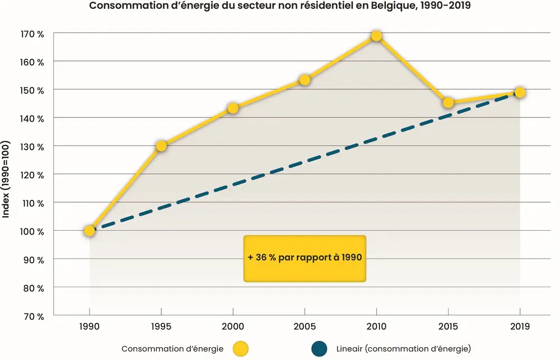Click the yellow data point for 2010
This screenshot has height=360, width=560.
376,36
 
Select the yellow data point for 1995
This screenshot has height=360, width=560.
161,146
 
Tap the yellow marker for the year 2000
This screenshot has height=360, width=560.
233,108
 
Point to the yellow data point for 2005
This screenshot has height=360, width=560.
305,80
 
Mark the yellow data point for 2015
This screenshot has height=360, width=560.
448,102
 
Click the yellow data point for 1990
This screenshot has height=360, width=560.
90,231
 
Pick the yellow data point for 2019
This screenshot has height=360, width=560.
520,92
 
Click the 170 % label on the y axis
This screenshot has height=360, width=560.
33,34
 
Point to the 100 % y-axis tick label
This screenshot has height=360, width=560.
33,231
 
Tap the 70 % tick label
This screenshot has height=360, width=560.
34,316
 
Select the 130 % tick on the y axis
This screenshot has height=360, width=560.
33,147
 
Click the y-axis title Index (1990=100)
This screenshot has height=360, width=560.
7,175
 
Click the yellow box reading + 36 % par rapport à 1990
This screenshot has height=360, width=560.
305,258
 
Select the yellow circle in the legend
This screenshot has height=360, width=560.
241,348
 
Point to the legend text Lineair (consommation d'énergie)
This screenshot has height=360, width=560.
403,348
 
